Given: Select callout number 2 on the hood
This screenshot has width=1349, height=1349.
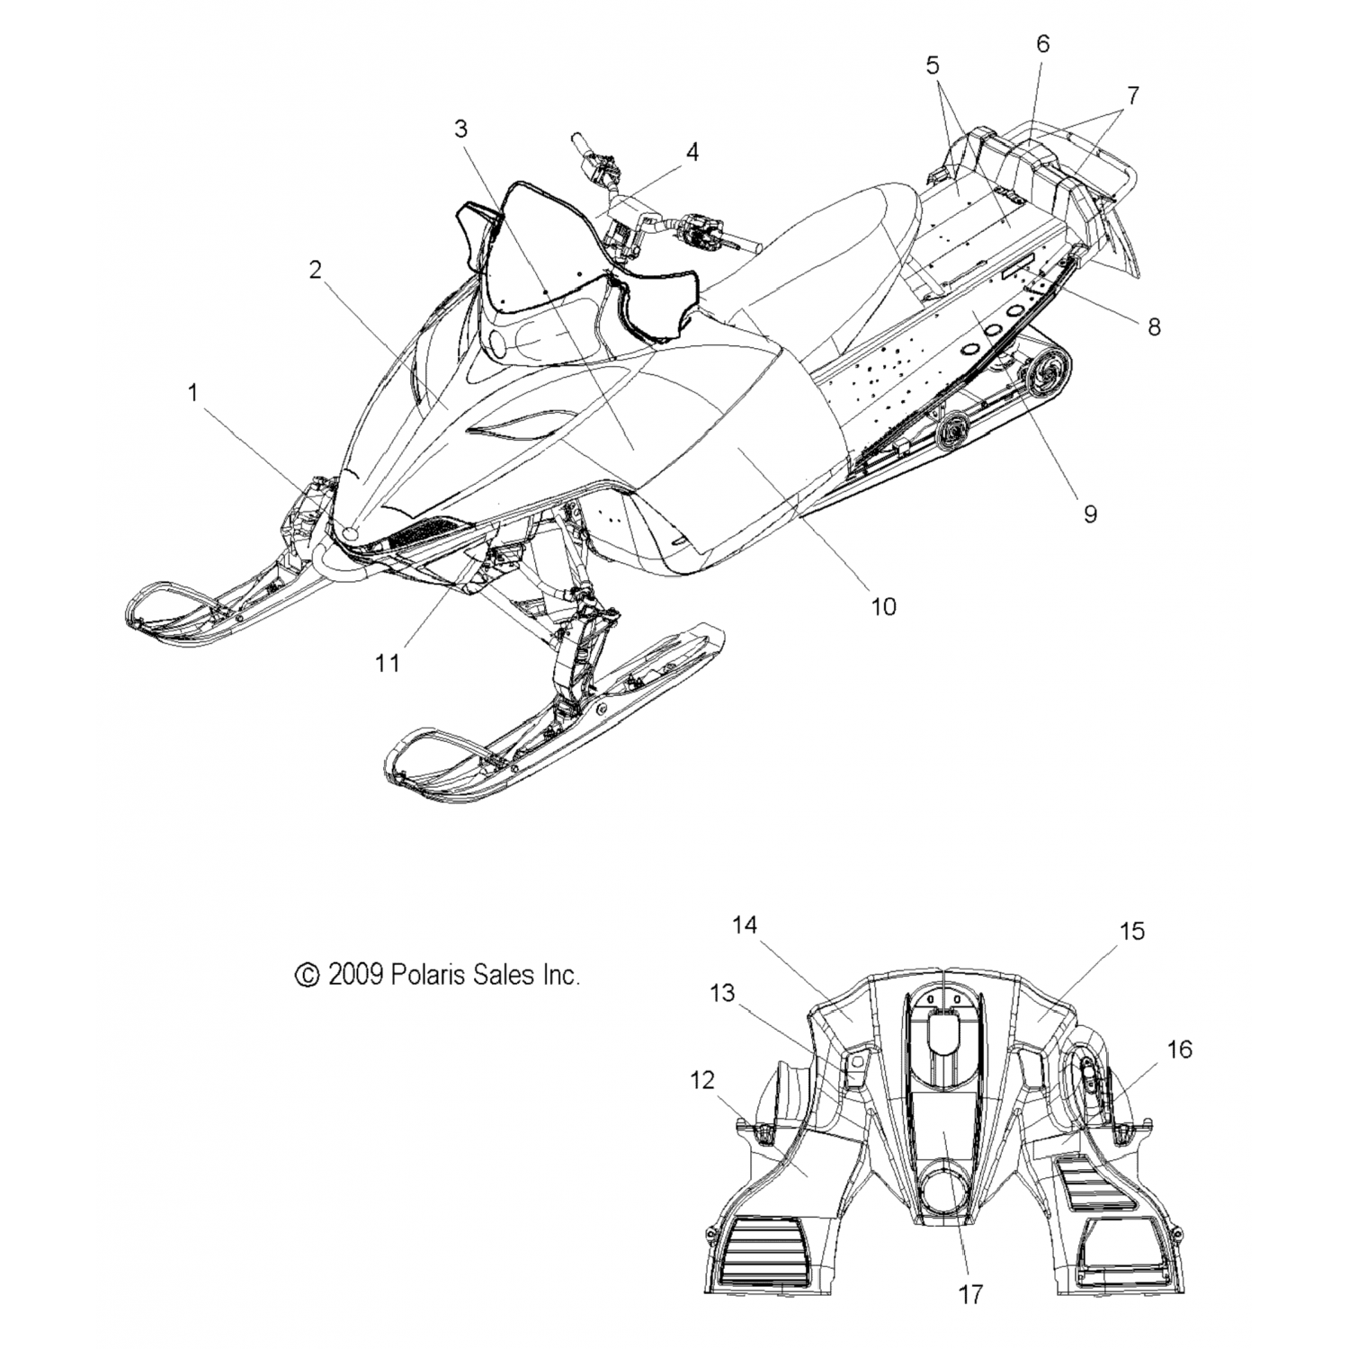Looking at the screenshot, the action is coord(315,270).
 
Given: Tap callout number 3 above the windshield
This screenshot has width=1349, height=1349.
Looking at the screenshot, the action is coord(460,129).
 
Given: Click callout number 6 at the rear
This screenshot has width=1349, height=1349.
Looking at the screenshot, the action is coord(1042,44).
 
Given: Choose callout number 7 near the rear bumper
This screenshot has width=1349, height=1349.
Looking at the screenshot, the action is coord(1132,94).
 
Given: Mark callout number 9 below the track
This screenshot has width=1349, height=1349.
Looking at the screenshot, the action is coord(1090,514).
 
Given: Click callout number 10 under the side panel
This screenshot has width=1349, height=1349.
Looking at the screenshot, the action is coord(884,606).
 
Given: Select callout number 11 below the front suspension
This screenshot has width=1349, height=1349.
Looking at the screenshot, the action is coord(388,663).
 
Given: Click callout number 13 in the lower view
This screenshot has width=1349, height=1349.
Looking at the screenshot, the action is coord(722,994).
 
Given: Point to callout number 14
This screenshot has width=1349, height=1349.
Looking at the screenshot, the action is coord(745,925).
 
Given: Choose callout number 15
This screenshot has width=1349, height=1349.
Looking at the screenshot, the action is coord(1132,932).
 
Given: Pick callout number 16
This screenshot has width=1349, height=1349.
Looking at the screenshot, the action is coord(1179,1049).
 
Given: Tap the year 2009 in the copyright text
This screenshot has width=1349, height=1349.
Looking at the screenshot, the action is coord(357,974).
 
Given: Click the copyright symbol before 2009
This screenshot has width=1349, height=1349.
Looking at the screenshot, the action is coord(308,975).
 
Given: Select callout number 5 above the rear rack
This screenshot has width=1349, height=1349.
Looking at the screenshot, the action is coord(932,65).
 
